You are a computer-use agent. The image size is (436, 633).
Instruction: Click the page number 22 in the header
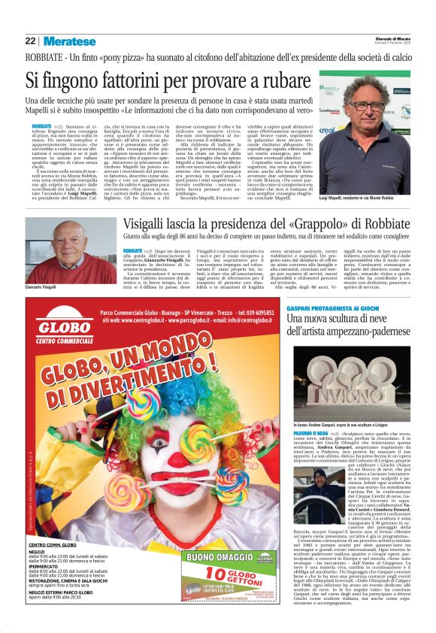pyautogui.click(x=30, y=41)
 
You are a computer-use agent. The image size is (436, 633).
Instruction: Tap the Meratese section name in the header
pyautogui.click(x=69, y=41)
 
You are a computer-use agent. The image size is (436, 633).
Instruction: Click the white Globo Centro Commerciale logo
pyautogui.click(x=71, y=331)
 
